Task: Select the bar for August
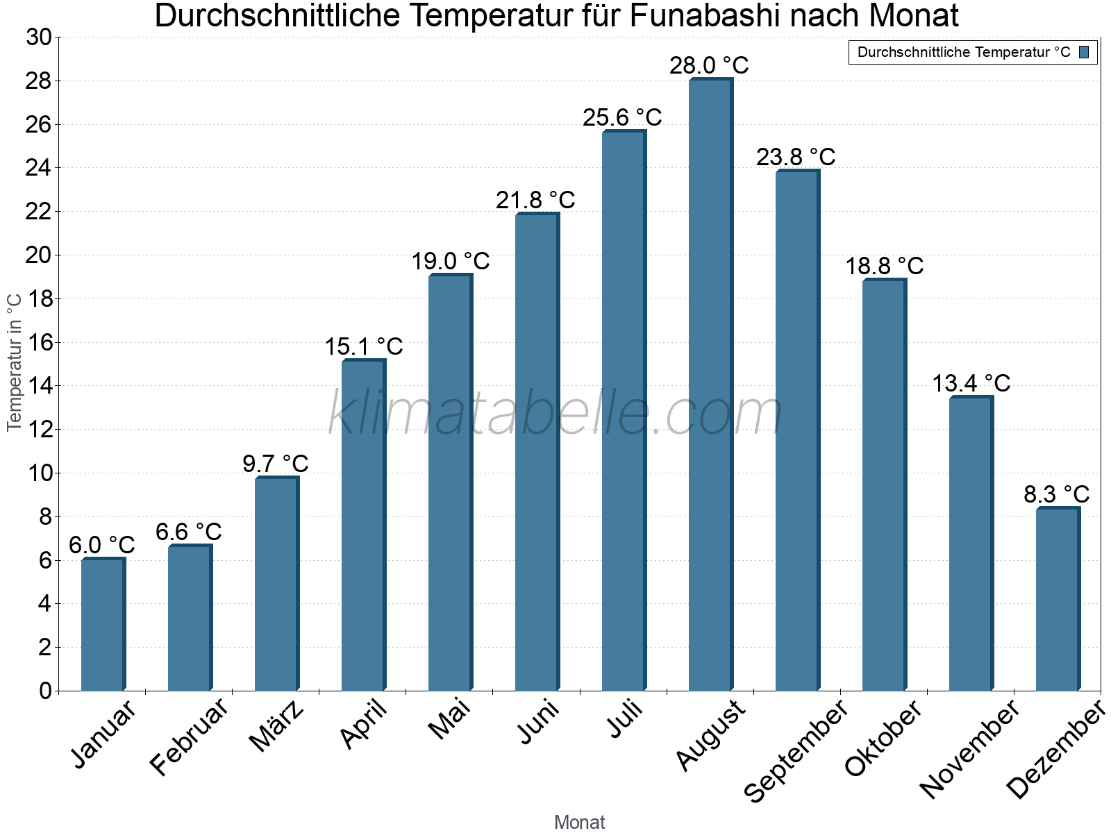[710, 385]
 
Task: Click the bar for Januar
[103, 625]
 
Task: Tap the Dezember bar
[1058, 600]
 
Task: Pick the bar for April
[363, 525]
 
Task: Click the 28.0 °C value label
[709, 66]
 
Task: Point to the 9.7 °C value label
[275, 464]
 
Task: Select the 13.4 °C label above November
[971, 383]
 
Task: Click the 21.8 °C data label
[535, 201]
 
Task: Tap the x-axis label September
[796, 750]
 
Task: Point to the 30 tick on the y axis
[39, 37]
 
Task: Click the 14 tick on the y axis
[39, 386]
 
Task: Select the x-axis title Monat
[579, 822]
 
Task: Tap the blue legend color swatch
[1084, 52]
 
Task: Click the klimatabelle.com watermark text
[555, 414]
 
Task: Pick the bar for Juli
[624, 411]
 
